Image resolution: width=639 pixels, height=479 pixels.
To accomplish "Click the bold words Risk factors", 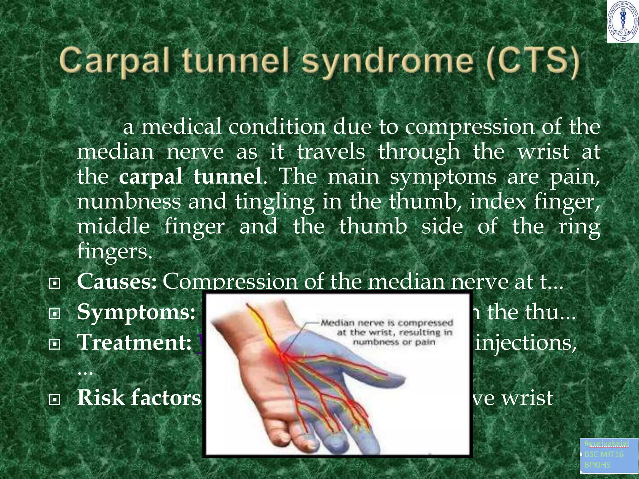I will pyautogui.click(x=139, y=398).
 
